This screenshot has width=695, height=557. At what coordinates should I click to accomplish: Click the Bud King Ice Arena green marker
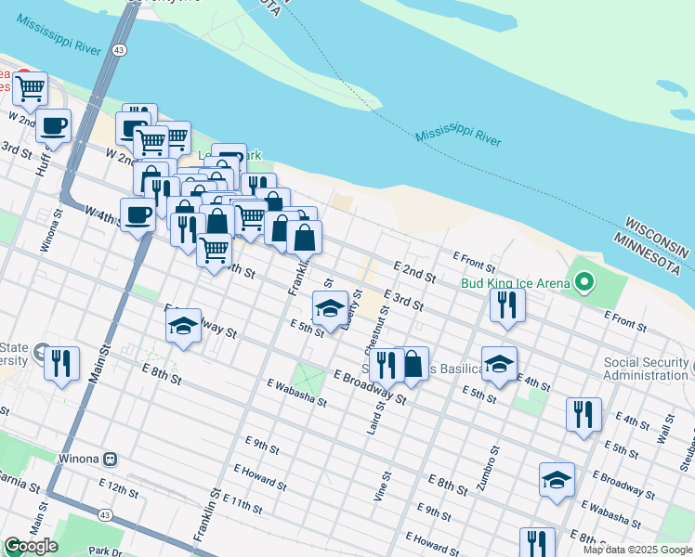pyautogui.click(x=584, y=279)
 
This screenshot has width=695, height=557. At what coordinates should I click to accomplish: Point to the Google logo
pyautogui.click(x=31, y=546)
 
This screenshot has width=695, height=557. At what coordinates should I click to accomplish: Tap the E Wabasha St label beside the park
pyautogui.click(x=296, y=393)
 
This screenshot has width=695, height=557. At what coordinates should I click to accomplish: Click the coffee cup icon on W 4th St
pyautogui.click(x=138, y=214)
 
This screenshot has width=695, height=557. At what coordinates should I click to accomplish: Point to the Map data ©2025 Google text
pyautogui.click(x=637, y=550)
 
